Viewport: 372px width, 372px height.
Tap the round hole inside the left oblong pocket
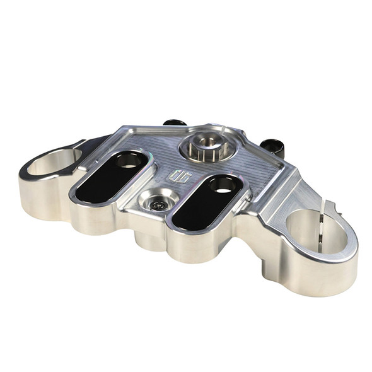pyautogui.click(x=129, y=161)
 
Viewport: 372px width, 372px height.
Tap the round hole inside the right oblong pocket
pyautogui.click(x=224, y=185)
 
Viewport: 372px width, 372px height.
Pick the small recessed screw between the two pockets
pyautogui.click(x=157, y=204)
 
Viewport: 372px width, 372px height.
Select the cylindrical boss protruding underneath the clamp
pyautogui.click(x=149, y=241)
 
